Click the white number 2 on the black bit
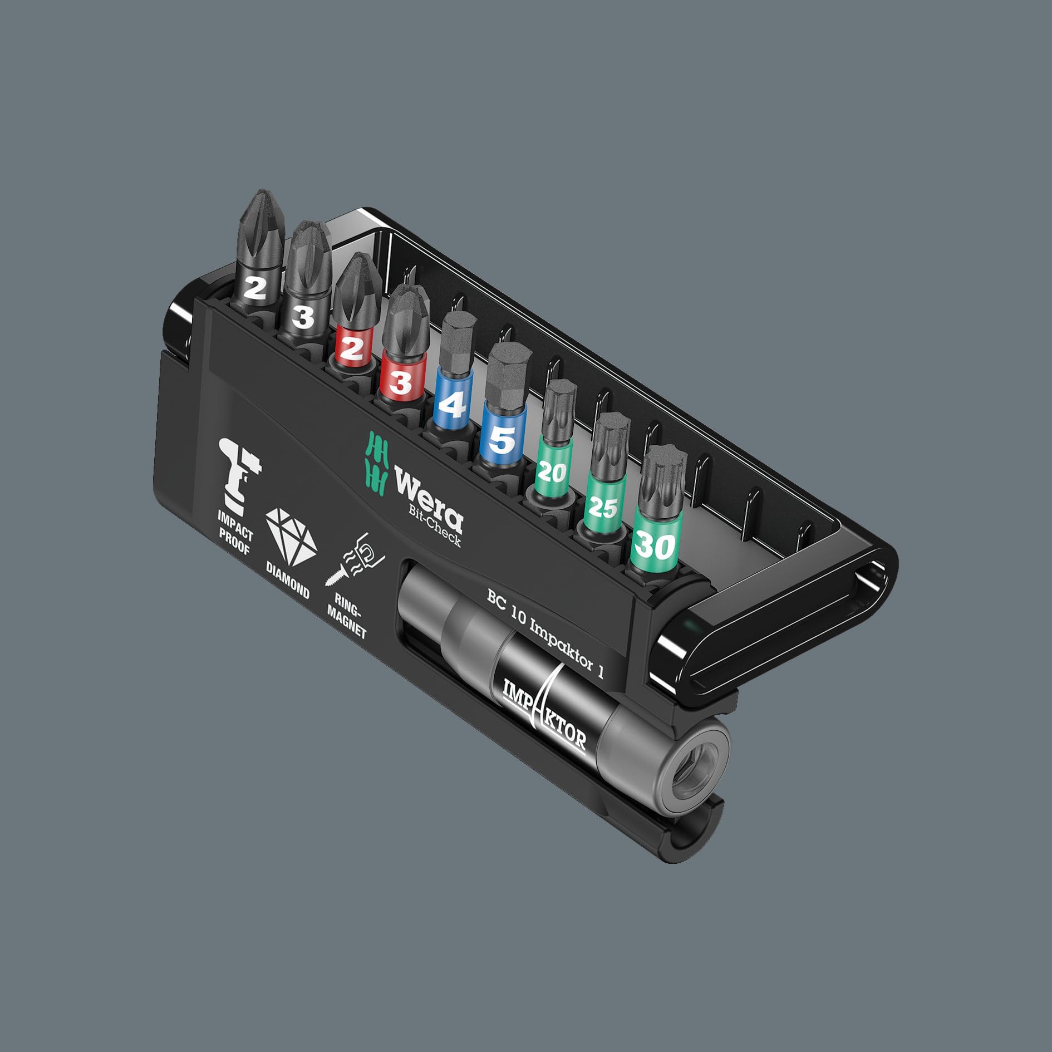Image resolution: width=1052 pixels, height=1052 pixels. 254,288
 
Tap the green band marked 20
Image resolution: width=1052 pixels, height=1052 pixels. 552,473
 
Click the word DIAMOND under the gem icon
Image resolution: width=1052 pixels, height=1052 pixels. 287,581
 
